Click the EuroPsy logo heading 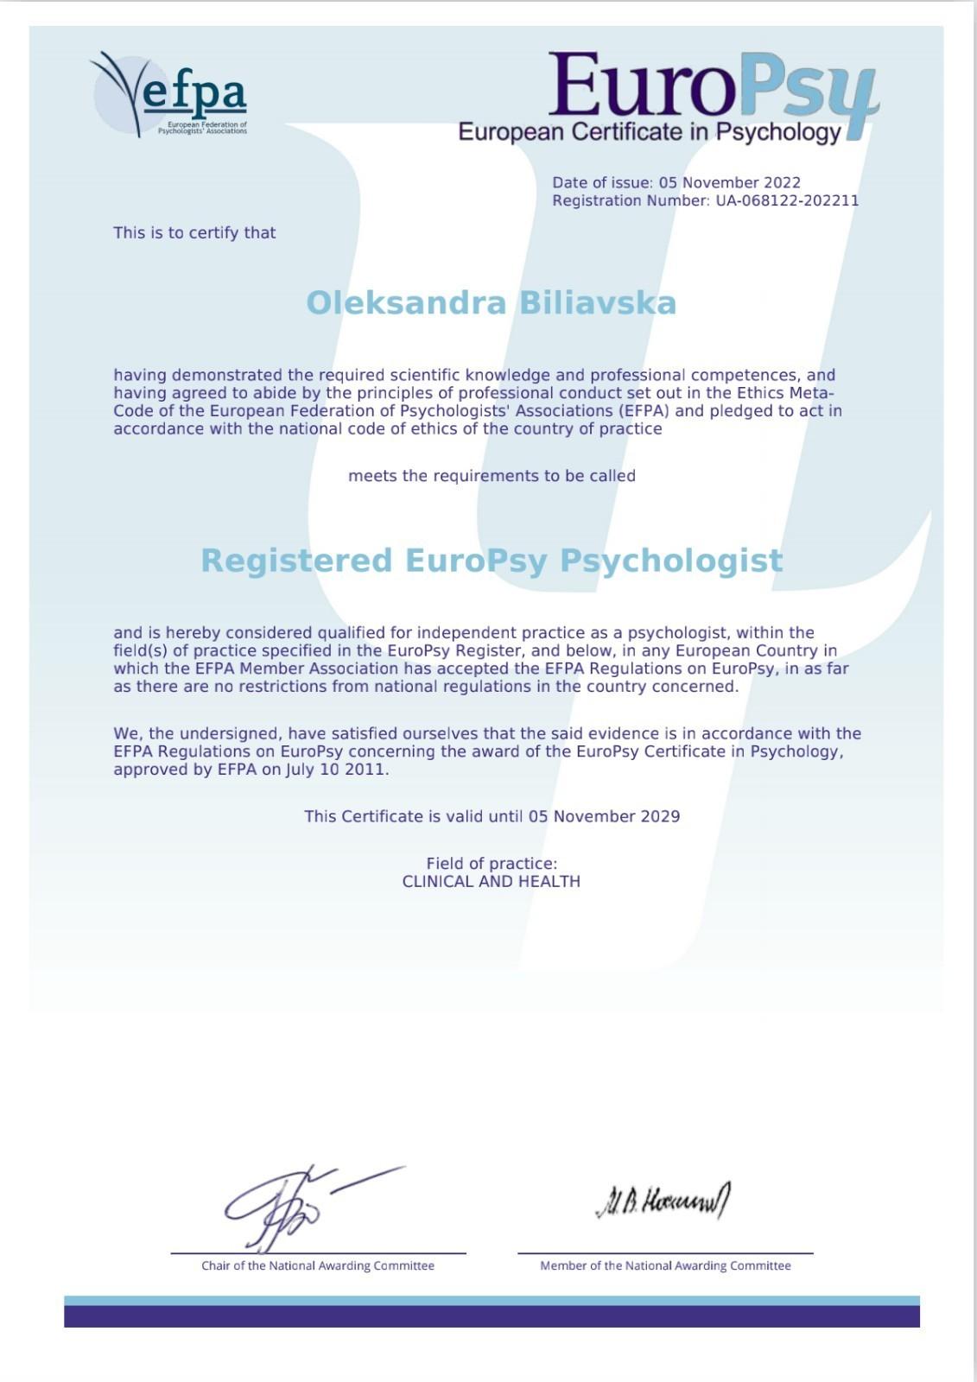point(713,86)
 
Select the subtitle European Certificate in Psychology point(649,132)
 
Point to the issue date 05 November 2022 point(729,183)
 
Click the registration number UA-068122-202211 point(787,201)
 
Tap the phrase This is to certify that point(194,233)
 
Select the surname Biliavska point(597,303)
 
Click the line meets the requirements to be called point(492,476)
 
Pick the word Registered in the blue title point(296,561)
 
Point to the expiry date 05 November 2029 point(604,816)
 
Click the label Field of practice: point(492,864)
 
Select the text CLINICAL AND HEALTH point(492,882)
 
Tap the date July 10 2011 point(337,770)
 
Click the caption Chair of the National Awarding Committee point(318,1266)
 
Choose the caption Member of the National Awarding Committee point(665,1266)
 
